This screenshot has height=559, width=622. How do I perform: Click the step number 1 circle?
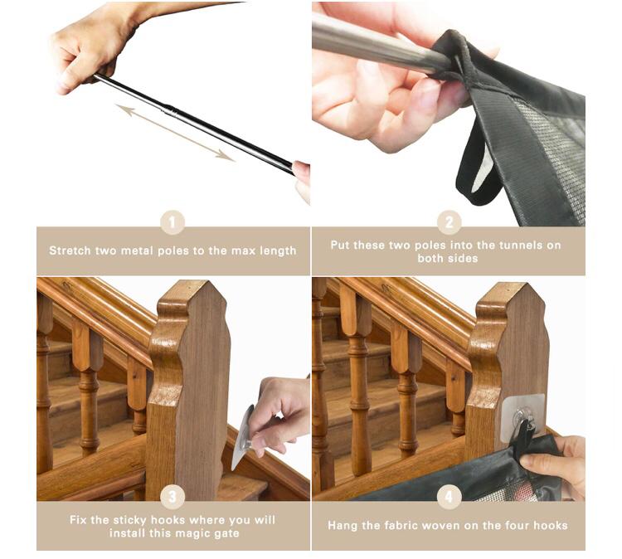click(173, 222)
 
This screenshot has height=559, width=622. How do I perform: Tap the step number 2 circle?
click(449, 222)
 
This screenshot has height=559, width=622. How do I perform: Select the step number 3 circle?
click(173, 497)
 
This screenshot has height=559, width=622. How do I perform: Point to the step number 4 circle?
click(449, 497)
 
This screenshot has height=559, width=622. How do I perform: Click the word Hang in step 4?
click(342, 526)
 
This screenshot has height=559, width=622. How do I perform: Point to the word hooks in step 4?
click(551, 526)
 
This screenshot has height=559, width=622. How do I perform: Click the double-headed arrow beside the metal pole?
click(175, 133)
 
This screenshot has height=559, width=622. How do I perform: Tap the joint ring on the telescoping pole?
click(171, 110)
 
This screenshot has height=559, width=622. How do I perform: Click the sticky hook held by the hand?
click(243, 436)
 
